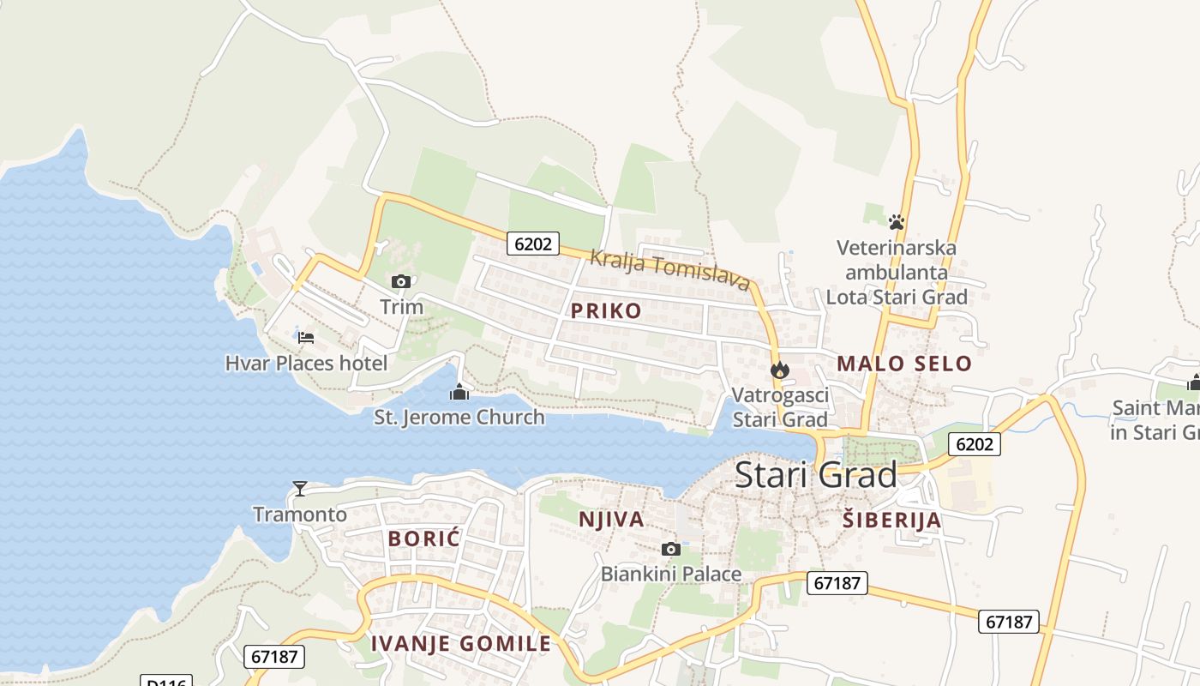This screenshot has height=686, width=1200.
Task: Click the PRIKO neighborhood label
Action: point(606,310)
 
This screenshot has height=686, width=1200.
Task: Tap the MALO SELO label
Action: point(904,364)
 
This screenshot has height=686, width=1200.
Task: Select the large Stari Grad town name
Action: point(815,474)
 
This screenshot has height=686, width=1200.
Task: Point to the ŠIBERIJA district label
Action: point(891,520)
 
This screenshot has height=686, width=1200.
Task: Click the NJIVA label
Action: point(611,519)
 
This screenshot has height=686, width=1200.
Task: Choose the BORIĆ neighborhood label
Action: point(424,539)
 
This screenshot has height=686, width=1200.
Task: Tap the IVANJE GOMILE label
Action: point(461,644)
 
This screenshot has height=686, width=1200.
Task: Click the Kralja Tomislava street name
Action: point(669,270)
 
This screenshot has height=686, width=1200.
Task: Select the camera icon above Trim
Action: point(401,281)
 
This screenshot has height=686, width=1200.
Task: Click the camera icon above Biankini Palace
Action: point(671,549)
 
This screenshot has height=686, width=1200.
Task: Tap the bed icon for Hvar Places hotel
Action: point(306,337)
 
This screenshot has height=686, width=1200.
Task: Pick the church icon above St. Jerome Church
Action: point(459,393)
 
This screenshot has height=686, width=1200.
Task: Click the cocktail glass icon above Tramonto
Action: point(300,489)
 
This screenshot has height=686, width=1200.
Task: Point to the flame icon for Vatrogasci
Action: point(780,370)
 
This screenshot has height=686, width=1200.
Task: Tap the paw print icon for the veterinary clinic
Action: point(897,222)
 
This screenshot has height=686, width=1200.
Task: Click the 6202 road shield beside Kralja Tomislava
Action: point(532,244)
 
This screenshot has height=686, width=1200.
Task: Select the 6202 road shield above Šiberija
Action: point(975,443)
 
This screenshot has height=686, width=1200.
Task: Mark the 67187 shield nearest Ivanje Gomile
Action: point(275,657)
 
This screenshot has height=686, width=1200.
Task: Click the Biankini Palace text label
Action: point(671,574)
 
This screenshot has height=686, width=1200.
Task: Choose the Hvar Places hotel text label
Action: point(306,363)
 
